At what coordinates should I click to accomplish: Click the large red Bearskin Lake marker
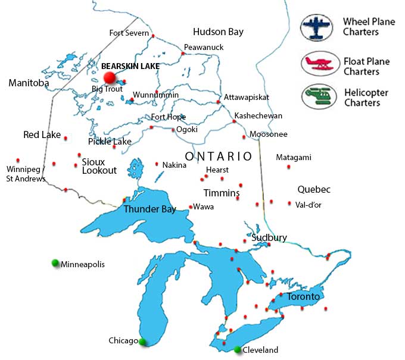110,77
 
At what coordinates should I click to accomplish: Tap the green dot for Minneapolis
55,263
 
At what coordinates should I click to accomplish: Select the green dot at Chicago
143,341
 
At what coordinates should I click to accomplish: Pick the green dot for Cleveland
238,349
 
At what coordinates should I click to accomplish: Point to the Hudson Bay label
218,32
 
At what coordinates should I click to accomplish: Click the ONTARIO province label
218,156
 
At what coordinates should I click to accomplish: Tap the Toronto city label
303,296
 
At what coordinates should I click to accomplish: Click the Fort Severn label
129,33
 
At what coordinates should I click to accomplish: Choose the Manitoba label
29,83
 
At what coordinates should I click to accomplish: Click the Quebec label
314,190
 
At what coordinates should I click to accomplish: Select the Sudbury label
269,237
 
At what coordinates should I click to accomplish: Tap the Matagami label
294,158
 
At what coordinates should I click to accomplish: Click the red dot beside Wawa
190,207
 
